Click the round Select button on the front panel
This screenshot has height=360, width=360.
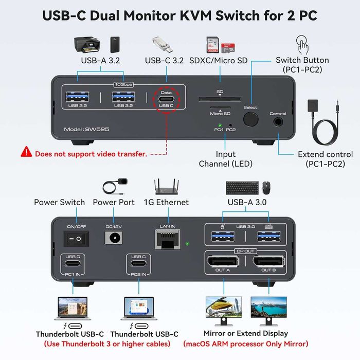250,120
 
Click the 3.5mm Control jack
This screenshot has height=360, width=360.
278,122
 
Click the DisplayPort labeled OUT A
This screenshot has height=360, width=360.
223,262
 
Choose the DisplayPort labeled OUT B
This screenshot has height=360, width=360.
268,262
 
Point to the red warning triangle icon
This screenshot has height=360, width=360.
26,152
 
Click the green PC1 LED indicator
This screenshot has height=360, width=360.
220,124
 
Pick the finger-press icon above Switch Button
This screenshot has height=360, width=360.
302,43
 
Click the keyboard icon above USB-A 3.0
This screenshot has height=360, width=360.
242,188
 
